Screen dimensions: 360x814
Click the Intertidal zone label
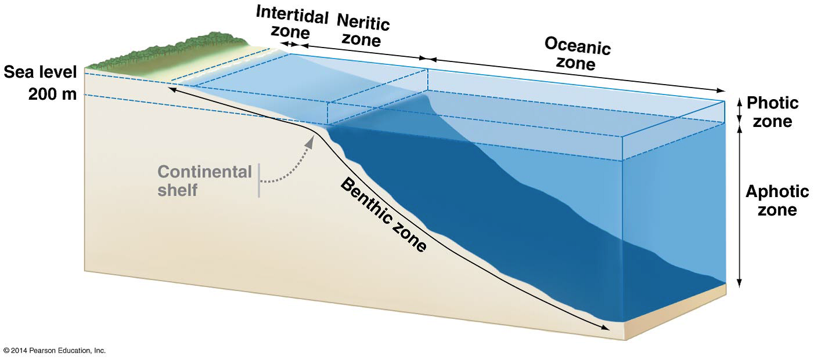pyautogui.click(x=292, y=23)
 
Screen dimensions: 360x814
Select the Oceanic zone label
pyautogui.click(x=577, y=53)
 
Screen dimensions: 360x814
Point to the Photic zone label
pyautogui.click(x=772, y=112)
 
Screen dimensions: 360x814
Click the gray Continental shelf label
pyautogui.click(x=205, y=180)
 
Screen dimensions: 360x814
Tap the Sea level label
pyautogui.click(x=39, y=72)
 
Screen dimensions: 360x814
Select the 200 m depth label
pyautogui.click(x=52, y=94)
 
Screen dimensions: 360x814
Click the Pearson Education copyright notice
pyautogui.click(x=54, y=351)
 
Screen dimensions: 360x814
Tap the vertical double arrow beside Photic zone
pyautogui.click(x=739, y=111)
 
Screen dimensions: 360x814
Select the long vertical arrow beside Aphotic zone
pyautogui.click(x=739, y=206)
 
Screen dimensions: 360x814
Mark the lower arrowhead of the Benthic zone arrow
pyautogui.click(x=606, y=328)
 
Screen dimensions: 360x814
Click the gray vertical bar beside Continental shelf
pyautogui.click(x=259, y=180)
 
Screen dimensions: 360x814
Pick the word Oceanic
pyautogui.click(x=577, y=45)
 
